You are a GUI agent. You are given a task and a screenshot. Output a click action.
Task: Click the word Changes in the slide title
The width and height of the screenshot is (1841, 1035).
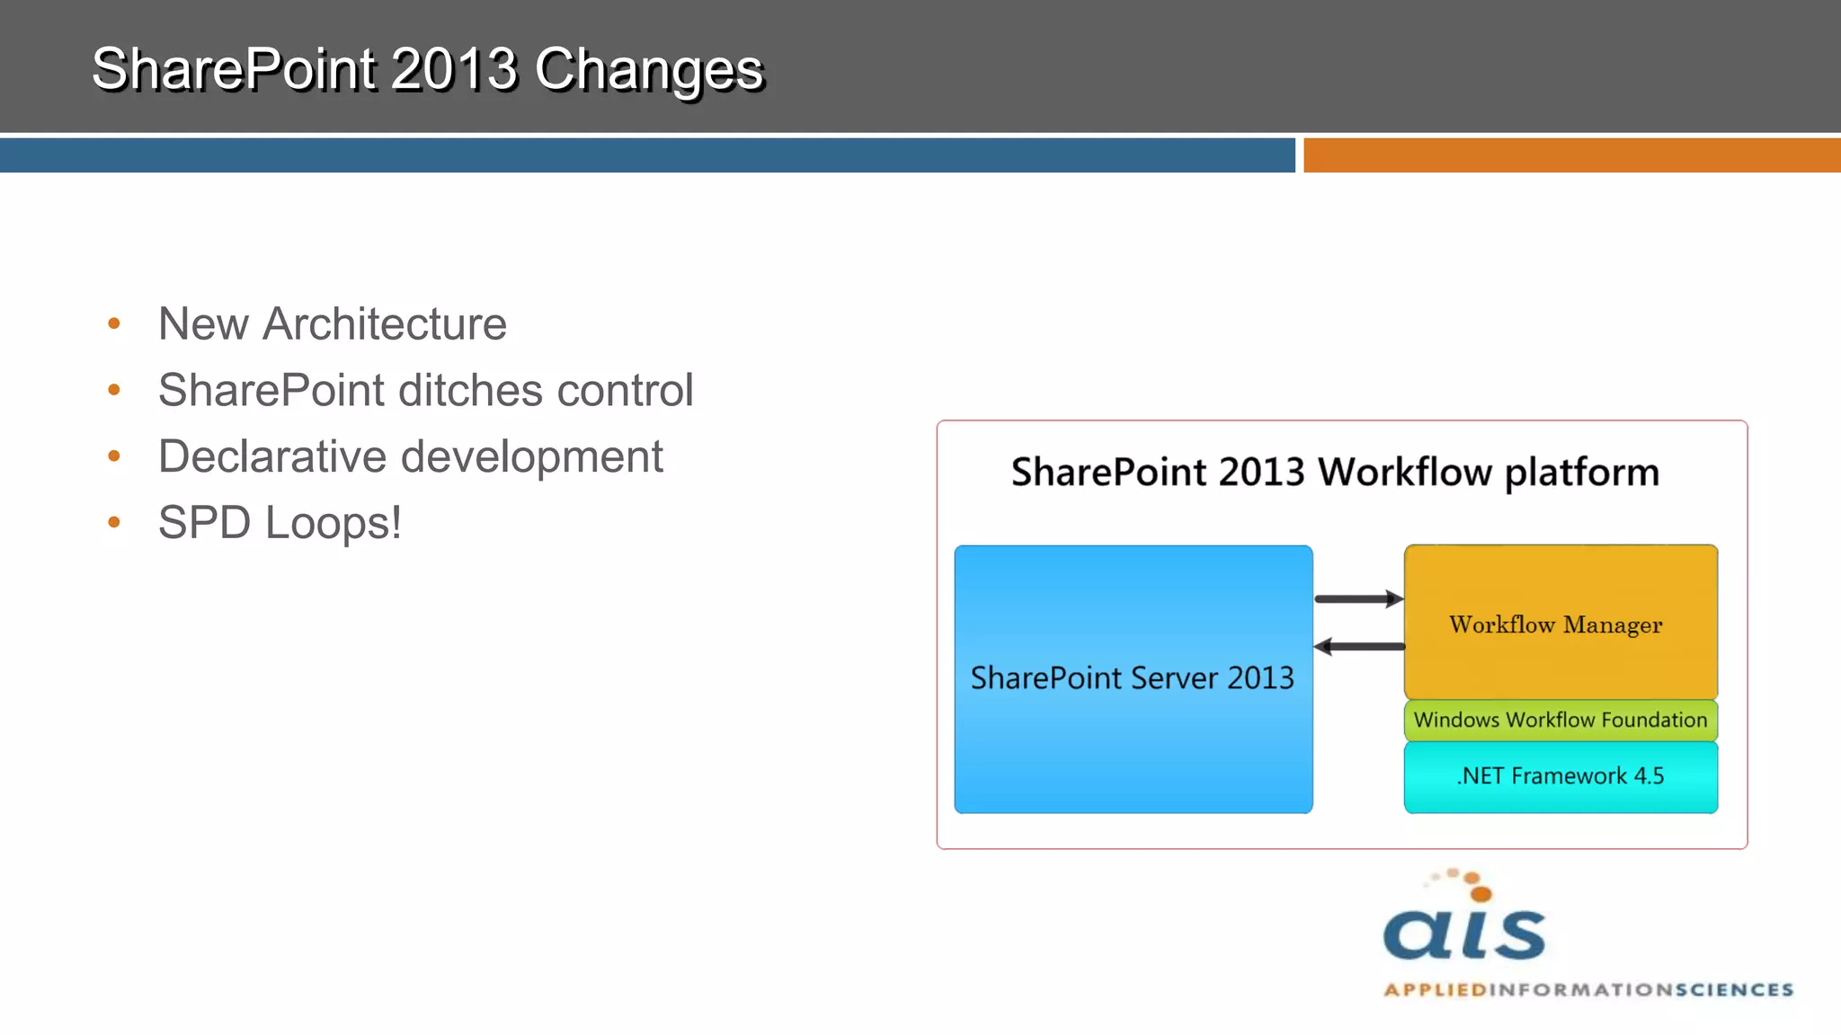pyautogui.click(x=648, y=70)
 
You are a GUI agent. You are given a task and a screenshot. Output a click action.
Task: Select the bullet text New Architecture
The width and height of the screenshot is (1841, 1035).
pyautogui.click(x=332, y=324)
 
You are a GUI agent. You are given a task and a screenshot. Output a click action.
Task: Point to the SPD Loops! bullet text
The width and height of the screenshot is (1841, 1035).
pyautogui.click(x=280, y=523)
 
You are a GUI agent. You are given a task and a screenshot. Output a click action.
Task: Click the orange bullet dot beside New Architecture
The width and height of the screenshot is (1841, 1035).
pyautogui.click(x=114, y=323)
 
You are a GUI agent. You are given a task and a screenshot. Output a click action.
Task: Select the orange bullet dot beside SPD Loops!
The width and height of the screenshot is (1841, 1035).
pyautogui.click(x=114, y=522)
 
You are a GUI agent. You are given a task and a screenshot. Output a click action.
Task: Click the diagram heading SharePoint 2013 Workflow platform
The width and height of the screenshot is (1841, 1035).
pyautogui.click(x=1335, y=473)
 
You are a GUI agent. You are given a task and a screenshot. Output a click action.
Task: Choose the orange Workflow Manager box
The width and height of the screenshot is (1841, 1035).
pyautogui.click(x=1560, y=624)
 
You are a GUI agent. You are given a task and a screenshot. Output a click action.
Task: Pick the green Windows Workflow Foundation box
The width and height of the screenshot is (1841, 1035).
pyautogui.click(x=1560, y=721)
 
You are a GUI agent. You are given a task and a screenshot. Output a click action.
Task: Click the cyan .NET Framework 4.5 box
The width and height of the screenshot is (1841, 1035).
pyautogui.click(x=1560, y=776)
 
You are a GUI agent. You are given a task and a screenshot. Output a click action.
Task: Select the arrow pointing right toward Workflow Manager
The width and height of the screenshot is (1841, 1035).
pyautogui.click(x=1358, y=598)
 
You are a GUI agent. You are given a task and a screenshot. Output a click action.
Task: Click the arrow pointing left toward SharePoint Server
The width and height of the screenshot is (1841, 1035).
pyautogui.click(x=1358, y=646)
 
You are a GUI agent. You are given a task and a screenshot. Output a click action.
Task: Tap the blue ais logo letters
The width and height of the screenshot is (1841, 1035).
pyautogui.click(x=1464, y=934)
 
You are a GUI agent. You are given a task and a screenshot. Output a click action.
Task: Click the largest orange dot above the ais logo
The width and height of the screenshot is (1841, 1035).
pyautogui.click(x=1481, y=893)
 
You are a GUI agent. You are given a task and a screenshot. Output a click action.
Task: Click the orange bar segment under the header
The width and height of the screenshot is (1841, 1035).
pyautogui.click(x=1571, y=155)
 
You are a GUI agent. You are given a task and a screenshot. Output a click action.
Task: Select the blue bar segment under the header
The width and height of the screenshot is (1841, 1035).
pyautogui.click(x=647, y=155)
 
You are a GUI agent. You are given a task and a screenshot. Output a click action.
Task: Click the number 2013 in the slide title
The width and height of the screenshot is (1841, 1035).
pyautogui.click(x=454, y=70)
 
